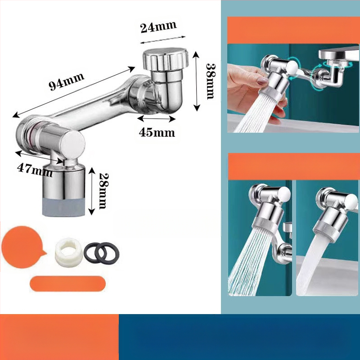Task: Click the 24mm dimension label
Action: pos(158,27)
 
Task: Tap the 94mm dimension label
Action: pos(66,81)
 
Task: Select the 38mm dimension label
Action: pos(210,81)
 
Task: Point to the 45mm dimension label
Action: pos(157,133)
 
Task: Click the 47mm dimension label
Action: pos(35,171)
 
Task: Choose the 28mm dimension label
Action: pos(103,191)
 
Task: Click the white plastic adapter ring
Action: pos(68,252)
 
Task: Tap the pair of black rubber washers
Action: pos(102,252)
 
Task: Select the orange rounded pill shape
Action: pos(68,283)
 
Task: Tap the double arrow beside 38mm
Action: pos(197,81)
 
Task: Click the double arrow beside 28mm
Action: pos(92,191)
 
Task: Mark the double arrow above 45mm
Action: pos(156,118)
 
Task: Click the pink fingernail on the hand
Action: pos(262,81)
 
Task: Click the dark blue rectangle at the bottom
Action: pos(239,337)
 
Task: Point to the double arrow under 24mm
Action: pos(162,40)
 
